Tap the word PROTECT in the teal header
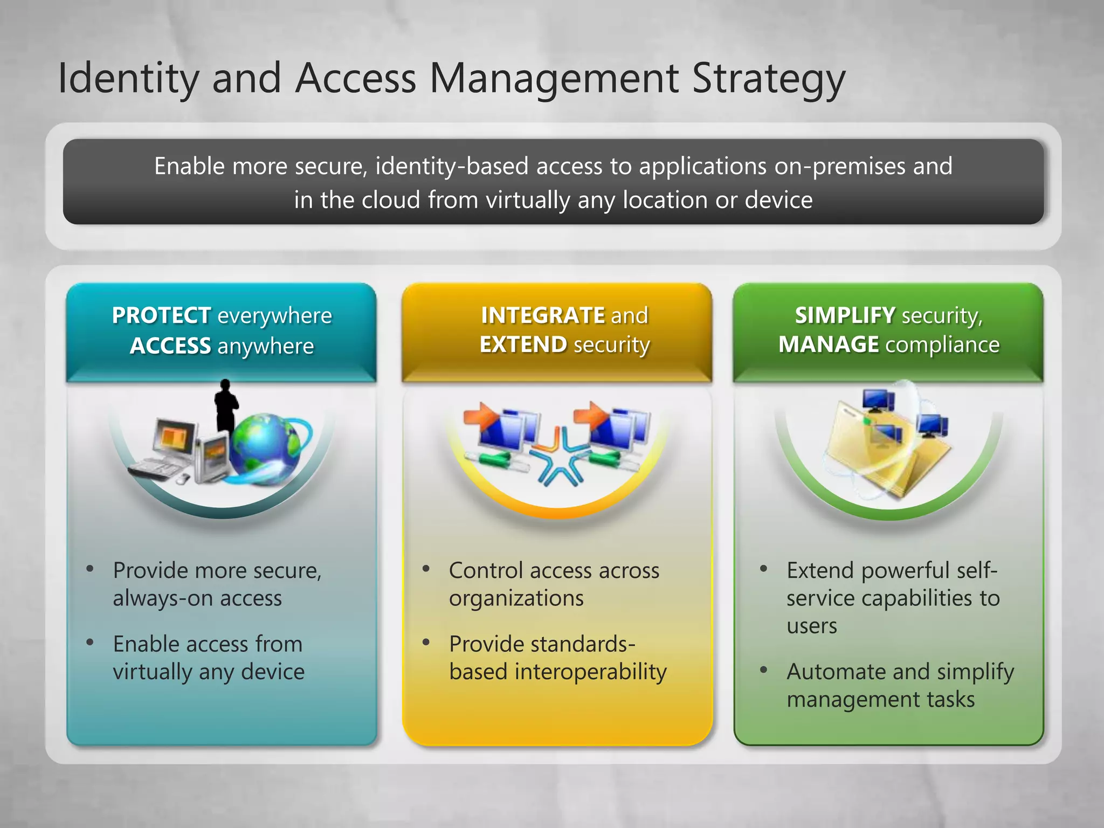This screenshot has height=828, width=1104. coord(161,315)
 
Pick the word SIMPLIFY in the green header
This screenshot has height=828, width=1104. coord(845,315)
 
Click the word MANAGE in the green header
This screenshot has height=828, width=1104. coord(829,344)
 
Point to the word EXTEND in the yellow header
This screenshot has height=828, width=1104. coord(523,344)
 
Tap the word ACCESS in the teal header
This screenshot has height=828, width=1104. coord(170,346)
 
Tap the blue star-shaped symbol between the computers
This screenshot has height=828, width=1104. coord(558,458)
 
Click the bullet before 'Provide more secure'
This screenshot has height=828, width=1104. coord(90,569)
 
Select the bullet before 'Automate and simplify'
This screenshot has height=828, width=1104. coord(763,670)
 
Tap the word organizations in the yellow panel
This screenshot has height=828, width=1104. coord(516,598)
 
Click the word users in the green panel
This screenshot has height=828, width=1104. coord(811,626)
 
